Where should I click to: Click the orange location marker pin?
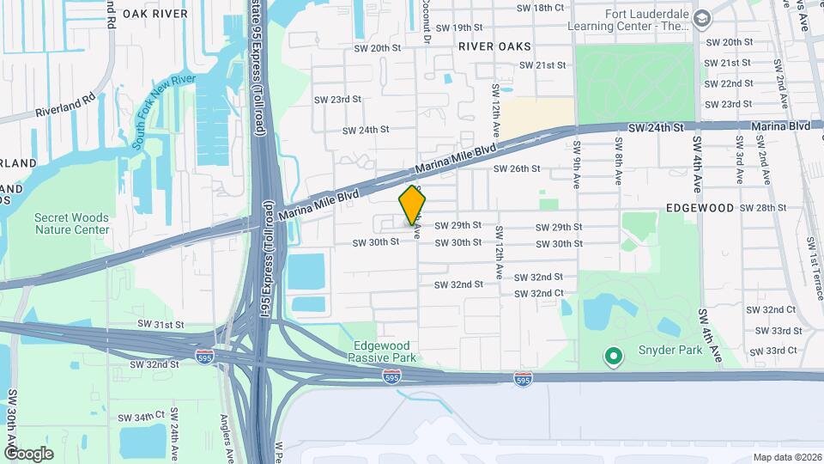point(413,205)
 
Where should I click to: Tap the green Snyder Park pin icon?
point(613,355)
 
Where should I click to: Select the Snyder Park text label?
point(670,350)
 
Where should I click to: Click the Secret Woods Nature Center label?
point(72,223)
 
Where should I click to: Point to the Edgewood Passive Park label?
point(385,351)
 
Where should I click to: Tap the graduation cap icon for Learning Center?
point(702,19)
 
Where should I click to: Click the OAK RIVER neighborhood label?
point(154,14)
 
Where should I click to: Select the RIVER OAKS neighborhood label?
point(494,46)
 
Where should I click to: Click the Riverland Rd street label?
point(65,107)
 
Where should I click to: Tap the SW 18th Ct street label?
point(540,8)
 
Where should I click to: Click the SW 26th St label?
point(516,169)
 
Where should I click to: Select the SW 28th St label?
point(763,208)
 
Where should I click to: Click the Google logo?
point(28,453)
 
